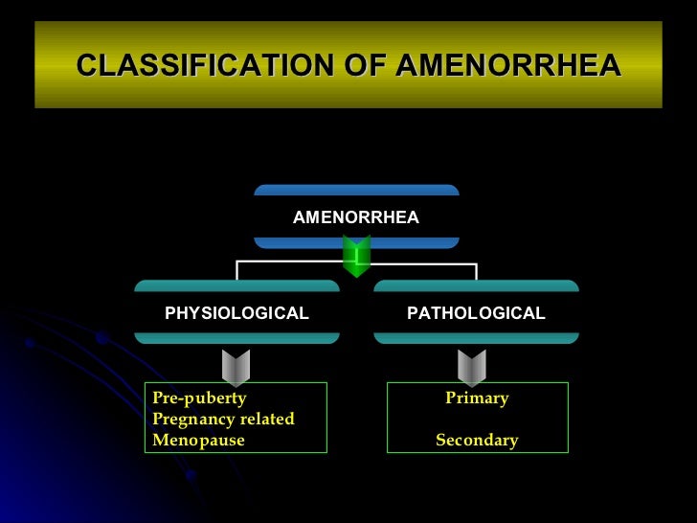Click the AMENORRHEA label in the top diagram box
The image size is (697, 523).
pos(356,217)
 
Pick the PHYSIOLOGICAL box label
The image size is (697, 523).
pos(236,313)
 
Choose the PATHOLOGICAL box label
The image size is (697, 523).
pos(476,313)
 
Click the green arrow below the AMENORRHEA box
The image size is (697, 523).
pos(356,257)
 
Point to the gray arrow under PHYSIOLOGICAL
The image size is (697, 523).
pos(236,367)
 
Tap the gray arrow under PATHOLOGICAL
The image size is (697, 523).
pos(472,367)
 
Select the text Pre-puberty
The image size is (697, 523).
pos(199,398)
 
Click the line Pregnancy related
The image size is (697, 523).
pos(223,420)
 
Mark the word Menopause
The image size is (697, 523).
pos(198,441)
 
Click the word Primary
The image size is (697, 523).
pos(477,398)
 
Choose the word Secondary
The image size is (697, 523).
pos(477,441)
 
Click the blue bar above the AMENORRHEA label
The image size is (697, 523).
pos(356,190)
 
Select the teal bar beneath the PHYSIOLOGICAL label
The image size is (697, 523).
pos(236,337)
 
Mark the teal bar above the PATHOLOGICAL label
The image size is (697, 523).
pos(476,285)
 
